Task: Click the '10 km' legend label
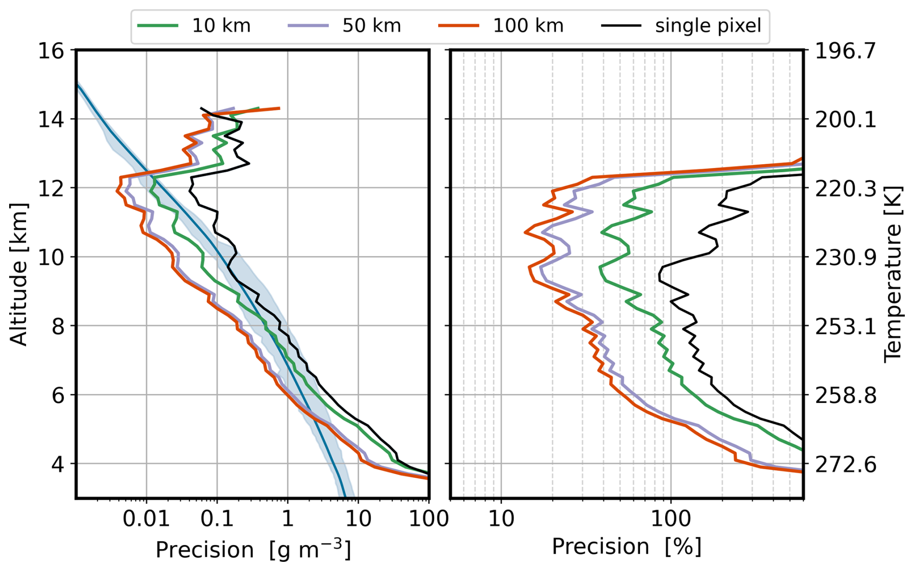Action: (x=221, y=26)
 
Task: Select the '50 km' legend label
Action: (x=371, y=26)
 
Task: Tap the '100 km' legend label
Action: (x=528, y=26)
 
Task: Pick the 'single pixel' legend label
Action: (x=708, y=26)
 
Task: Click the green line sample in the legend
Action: (x=158, y=26)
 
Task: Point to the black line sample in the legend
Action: (x=622, y=26)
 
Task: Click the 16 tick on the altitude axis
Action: (x=51, y=51)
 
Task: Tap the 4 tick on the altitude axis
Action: (x=58, y=464)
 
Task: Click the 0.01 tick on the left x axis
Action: (x=146, y=519)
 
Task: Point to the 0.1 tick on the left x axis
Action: (x=217, y=519)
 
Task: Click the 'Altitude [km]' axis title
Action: (x=19, y=274)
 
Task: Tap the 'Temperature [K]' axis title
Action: (x=893, y=274)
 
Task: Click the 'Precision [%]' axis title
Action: (x=627, y=547)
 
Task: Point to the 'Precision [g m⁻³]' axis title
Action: (x=253, y=549)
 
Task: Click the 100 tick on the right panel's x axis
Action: (x=671, y=519)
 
